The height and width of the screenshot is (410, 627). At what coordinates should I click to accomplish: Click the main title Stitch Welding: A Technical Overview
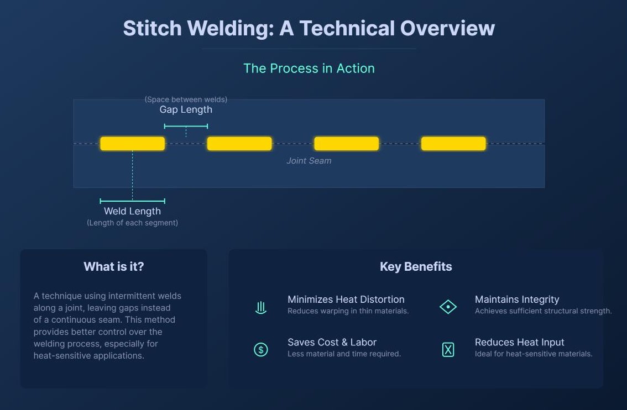(x=309, y=28)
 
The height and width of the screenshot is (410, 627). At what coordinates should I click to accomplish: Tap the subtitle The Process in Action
(x=309, y=69)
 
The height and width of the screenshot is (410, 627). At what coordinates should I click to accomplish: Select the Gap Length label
(x=186, y=109)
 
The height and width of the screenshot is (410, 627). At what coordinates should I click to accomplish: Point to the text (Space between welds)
(x=186, y=99)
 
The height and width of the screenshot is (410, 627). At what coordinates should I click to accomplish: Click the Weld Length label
(x=132, y=211)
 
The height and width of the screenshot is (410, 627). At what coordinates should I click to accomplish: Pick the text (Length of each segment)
(x=132, y=223)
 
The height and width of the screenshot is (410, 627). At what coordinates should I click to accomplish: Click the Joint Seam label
(x=309, y=161)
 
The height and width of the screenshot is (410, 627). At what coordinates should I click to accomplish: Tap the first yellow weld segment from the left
(x=132, y=144)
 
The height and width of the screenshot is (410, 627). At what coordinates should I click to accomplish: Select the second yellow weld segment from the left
(x=239, y=144)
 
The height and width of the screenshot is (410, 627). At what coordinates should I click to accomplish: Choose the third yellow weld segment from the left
(x=346, y=144)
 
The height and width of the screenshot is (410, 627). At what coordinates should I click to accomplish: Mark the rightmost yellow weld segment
(x=453, y=144)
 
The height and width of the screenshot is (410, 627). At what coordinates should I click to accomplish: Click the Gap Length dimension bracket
(x=186, y=127)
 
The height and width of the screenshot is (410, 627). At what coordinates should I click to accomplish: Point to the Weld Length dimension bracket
(x=132, y=201)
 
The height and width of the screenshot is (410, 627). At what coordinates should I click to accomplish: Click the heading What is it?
(x=113, y=267)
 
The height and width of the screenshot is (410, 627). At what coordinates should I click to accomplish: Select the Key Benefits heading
(x=416, y=267)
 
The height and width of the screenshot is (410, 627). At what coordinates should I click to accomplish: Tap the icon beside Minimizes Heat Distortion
(x=261, y=307)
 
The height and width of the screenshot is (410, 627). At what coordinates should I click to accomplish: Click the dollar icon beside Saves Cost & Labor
(x=261, y=349)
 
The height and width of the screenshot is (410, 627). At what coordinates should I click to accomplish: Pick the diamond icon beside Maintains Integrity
(x=448, y=307)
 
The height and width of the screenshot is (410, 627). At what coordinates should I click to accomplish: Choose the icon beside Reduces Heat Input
(x=448, y=349)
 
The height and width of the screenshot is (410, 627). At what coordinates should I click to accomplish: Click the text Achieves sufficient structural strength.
(x=543, y=311)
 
